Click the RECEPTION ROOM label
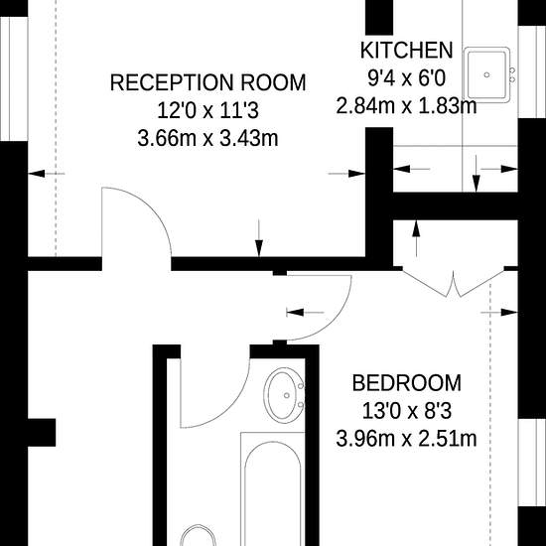(x=207, y=82)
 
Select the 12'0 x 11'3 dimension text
(x=207, y=110)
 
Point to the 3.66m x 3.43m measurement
(x=207, y=138)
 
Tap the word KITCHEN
(x=406, y=51)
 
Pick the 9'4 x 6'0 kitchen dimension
(x=406, y=77)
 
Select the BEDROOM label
(x=407, y=382)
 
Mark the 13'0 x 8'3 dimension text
(x=407, y=410)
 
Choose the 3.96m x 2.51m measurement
(x=407, y=438)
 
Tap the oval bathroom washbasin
(x=286, y=397)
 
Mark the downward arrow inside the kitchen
(x=477, y=177)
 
